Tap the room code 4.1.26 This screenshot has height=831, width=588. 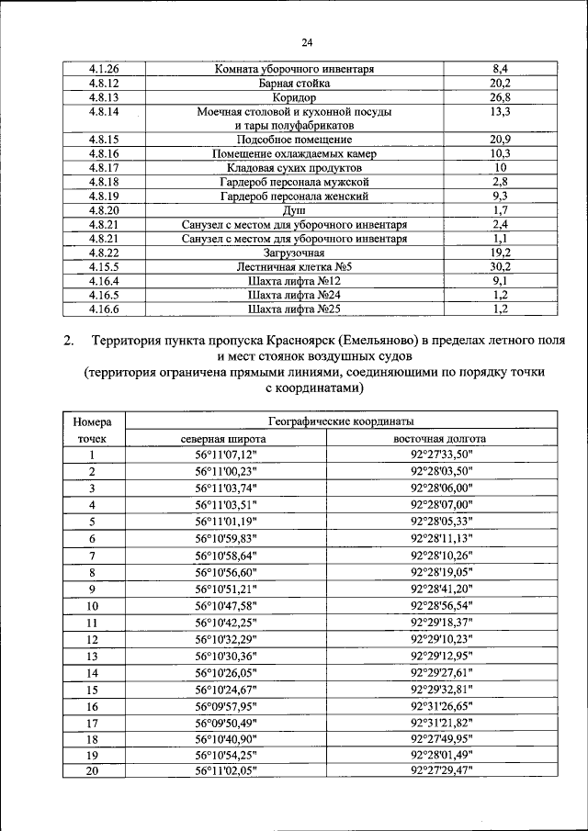tap(104, 69)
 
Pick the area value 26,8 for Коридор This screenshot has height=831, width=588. tap(500, 96)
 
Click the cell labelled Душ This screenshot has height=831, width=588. tap(294, 210)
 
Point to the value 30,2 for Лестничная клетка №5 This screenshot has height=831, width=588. tap(500, 266)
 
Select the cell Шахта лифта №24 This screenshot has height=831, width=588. tap(294, 295)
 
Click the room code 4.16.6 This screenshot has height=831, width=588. tap(104, 309)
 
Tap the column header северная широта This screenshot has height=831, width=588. tap(226, 438)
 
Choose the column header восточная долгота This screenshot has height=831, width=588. tap(441, 438)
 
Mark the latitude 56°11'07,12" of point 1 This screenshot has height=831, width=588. tap(226, 455)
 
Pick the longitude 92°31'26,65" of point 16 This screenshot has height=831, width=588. tap(441, 706)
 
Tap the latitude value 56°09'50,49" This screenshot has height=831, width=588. tap(226, 723)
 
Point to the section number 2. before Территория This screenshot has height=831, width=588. tap(69, 342)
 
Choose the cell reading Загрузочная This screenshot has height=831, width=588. tap(294, 253)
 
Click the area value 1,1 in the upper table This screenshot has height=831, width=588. tap(500, 239)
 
